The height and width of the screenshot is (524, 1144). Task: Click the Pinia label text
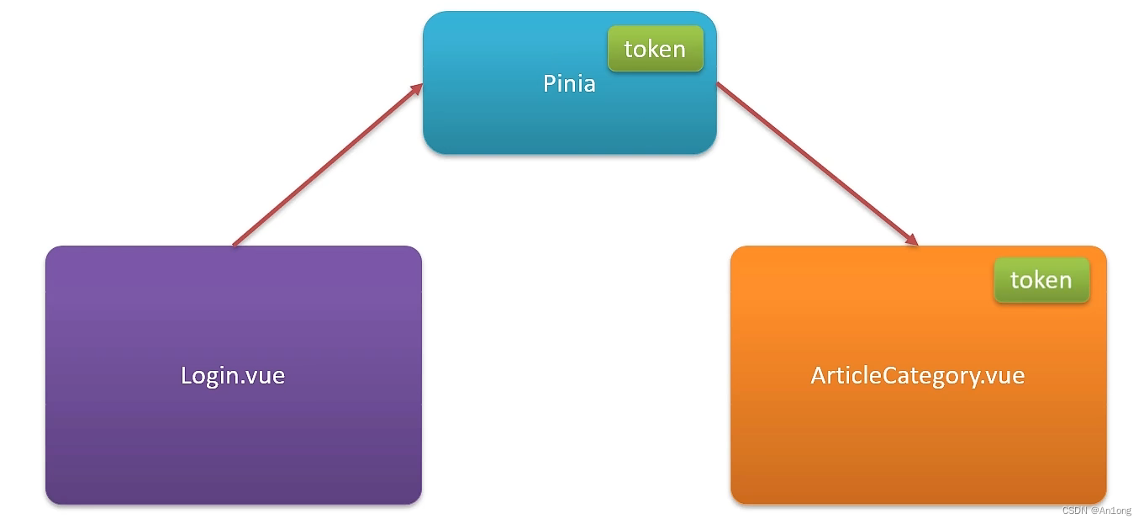coord(569,83)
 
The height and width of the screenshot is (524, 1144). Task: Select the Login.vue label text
coord(233,375)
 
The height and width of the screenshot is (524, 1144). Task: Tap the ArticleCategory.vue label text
coord(917,375)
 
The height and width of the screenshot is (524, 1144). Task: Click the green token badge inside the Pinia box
coord(655,49)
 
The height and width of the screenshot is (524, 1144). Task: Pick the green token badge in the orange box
coord(1041,280)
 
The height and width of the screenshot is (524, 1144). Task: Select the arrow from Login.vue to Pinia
coord(327,165)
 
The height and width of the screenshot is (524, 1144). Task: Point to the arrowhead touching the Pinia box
coord(416,87)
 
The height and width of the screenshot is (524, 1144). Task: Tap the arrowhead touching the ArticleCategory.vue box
coord(911,241)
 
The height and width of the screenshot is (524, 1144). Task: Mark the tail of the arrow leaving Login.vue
coord(235,245)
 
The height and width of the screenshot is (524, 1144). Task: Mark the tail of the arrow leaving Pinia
coord(720,84)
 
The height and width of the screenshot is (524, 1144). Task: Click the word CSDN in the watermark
coord(1074,511)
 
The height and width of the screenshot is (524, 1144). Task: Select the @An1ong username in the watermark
coord(1111,511)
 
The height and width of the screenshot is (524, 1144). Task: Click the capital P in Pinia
coord(549,83)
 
